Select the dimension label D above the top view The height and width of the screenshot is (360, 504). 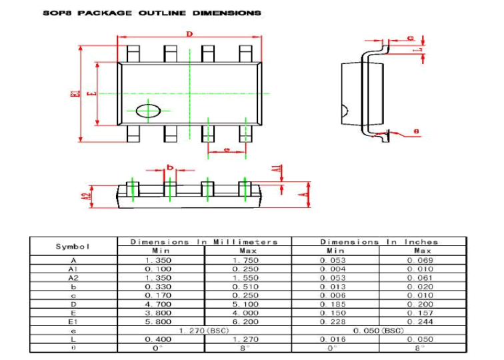[189, 34]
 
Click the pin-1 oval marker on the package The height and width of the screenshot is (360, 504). [148, 111]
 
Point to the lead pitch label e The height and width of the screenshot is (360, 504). [227, 151]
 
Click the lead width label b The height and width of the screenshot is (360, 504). [171, 167]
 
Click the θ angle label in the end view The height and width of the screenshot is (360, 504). [417, 132]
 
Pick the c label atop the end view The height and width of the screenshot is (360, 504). [410, 37]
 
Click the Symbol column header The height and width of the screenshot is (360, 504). [73, 246]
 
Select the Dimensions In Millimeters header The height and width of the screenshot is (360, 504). [204, 242]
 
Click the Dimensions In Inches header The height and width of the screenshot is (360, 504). [379, 242]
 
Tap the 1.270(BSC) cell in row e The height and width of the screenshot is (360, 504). [205, 330]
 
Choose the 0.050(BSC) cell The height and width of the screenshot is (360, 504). [379, 330]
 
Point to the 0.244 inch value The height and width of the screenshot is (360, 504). [422, 321]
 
